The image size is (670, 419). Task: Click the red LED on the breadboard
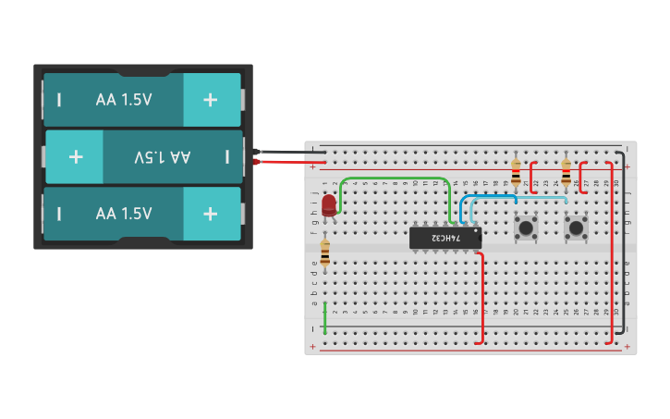click(329, 204)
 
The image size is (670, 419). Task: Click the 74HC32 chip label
click(445, 238)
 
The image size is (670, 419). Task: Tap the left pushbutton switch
click(526, 227)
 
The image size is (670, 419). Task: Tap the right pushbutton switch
click(576, 227)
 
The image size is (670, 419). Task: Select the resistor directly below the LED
click(324, 253)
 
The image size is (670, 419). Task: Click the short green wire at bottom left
click(324, 317)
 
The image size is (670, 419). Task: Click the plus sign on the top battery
click(211, 100)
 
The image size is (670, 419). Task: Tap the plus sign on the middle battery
click(76, 156)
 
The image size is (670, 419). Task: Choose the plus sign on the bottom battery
click(211, 214)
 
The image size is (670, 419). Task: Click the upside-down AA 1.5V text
click(162, 156)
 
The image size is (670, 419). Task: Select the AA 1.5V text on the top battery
click(124, 100)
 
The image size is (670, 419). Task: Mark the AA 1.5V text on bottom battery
click(124, 214)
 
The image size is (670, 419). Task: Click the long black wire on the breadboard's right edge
click(623, 240)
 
